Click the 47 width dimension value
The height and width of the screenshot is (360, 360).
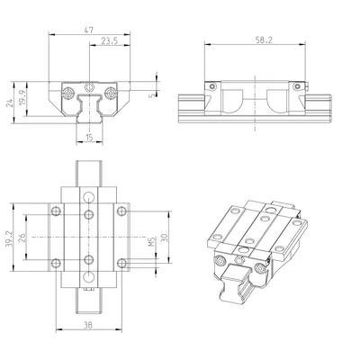click(89, 30)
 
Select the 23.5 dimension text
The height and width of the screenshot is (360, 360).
click(109, 41)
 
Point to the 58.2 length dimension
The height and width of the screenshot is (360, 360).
click(264, 40)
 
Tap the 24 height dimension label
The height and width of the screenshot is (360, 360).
click(10, 103)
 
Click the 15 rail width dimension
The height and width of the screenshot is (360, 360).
click(89, 138)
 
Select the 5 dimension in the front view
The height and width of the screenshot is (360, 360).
click(151, 95)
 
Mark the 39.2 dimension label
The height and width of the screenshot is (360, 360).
click(9, 239)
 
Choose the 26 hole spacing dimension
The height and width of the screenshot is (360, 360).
click(22, 238)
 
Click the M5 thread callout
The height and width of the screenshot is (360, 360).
click(152, 242)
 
